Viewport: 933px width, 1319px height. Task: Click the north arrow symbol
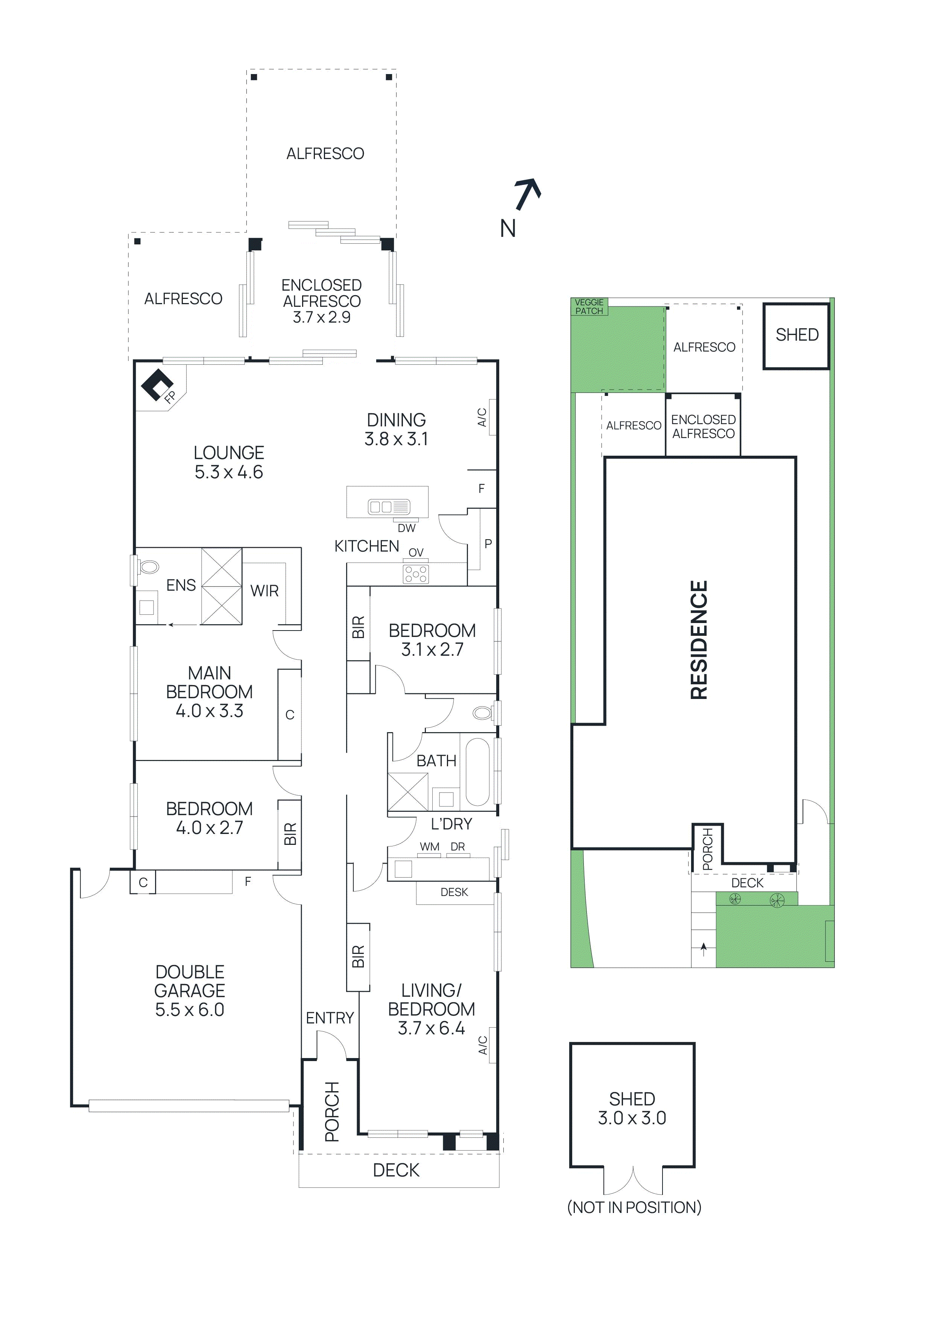(527, 194)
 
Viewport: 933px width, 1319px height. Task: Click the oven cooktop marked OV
(416, 574)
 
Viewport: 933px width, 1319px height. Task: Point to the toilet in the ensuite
(149, 567)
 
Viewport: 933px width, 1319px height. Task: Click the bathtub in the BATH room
(477, 772)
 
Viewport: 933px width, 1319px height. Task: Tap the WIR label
(264, 591)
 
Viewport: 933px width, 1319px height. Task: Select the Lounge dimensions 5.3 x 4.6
(229, 472)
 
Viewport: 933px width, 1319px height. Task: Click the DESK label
(454, 892)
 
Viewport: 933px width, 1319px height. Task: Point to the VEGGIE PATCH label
(589, 306)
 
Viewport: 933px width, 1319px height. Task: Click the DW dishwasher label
(406, 528)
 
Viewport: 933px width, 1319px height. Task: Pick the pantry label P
(488, 543)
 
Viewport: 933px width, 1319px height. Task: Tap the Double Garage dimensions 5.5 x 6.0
(190, 1009)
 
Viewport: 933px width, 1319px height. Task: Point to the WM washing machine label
(429, 847)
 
